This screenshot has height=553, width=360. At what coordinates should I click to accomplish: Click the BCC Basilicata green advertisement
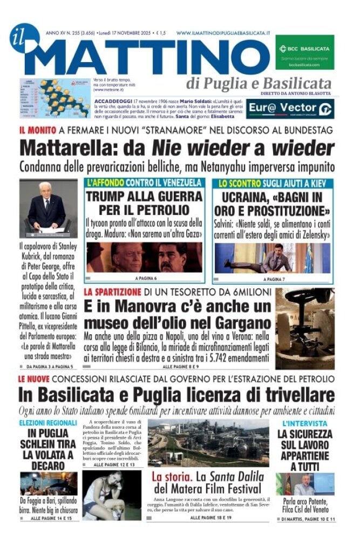click(304, 52)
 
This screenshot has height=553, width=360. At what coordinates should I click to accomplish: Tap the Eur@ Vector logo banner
click(290, 109)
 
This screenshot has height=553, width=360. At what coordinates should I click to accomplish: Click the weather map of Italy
click(55, 98)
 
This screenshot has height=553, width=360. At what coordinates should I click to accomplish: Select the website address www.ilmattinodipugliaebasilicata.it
click(223, 33)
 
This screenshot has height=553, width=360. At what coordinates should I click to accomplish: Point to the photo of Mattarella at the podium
click(48, 207)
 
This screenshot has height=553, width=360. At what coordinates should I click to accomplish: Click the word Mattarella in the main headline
click(64, 147)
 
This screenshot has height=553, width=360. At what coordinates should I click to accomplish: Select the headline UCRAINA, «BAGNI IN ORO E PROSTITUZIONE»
click(272, 203)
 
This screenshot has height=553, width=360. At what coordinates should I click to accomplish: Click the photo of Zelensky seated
click(272, 258)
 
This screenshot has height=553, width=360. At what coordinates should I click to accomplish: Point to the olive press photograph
click(305, 327)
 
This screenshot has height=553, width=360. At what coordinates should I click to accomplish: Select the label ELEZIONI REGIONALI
click(48, 422)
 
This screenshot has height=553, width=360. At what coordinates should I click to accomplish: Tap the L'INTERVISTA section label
click(304, 423)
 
